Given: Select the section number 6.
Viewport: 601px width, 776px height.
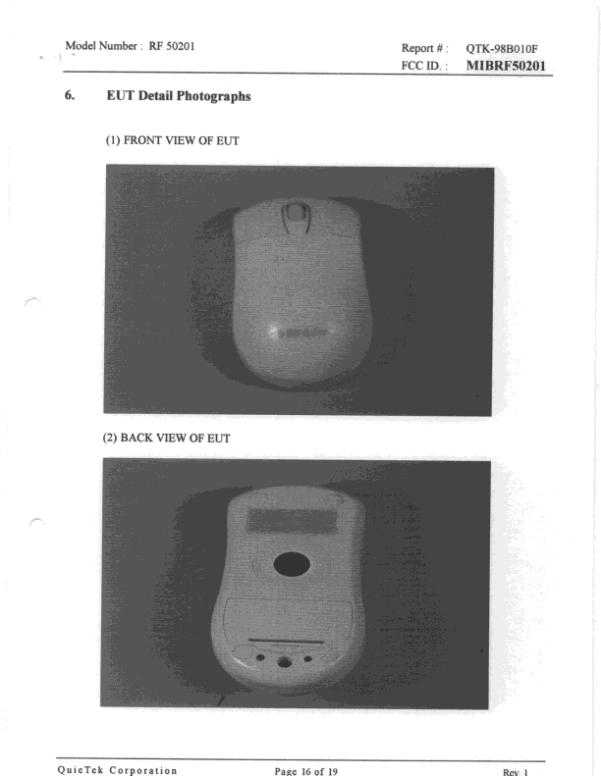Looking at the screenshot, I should pos(71,99).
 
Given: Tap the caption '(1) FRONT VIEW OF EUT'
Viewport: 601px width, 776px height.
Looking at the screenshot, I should pos(173,142).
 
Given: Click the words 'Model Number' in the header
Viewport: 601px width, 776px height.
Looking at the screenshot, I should pos(101,46).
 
